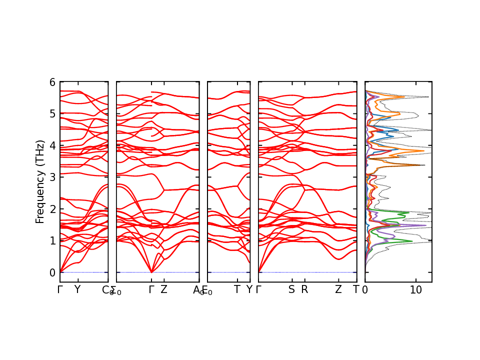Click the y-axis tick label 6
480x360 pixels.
(52, 81)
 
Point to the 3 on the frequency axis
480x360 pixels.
(52, 177)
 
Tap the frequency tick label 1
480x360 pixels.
(52, 240)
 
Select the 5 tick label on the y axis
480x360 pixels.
(52, 113)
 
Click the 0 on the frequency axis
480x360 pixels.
(52, 272)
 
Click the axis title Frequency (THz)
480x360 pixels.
(40, 181)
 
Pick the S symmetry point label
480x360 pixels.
(291, 289)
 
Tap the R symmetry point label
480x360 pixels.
(304, 289)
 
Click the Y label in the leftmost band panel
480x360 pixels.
(77, 289)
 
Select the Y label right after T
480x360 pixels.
(249, 289)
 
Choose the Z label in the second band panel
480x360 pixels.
(163, 289)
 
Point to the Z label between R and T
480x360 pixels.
(338, 289)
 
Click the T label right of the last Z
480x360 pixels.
(356, 289)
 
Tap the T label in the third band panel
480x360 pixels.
(237, 289)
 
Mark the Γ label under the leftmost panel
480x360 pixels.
(60, 289)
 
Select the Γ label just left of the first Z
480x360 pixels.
(151, 289)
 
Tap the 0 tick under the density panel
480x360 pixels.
(365, 289)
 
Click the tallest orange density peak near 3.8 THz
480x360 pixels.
(423, 150)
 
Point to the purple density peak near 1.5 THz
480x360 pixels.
(425, 225)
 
